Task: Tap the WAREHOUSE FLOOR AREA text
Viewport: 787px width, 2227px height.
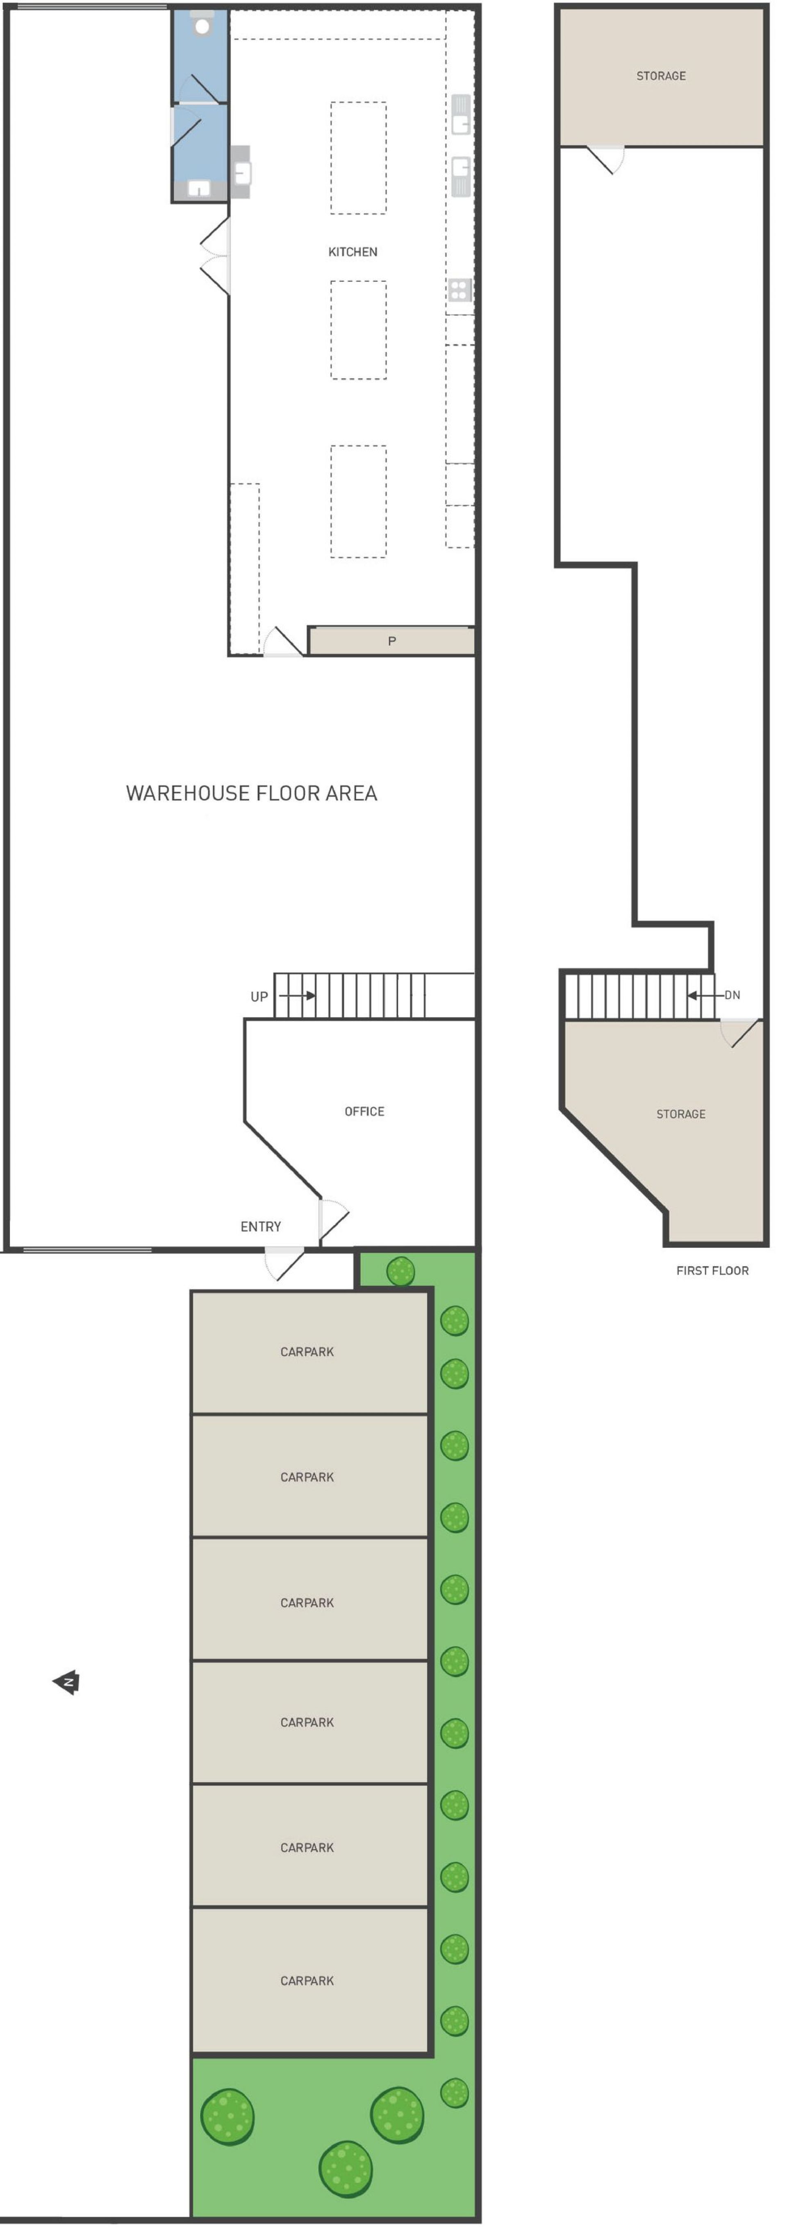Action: point(252,793)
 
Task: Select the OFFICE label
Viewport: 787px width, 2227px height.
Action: point(364,1111)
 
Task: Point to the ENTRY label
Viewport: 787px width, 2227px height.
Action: point(260,1226)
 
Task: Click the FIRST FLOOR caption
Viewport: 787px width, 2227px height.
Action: point(712,1270)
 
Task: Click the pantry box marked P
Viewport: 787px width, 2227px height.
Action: point(391,641)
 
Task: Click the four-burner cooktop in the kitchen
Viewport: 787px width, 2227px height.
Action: point(459,290)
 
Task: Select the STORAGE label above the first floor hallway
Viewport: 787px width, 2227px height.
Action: point(661,76)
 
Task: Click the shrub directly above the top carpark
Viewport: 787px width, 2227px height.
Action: point(400,1271)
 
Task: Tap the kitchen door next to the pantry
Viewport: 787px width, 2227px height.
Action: point(283,642)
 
